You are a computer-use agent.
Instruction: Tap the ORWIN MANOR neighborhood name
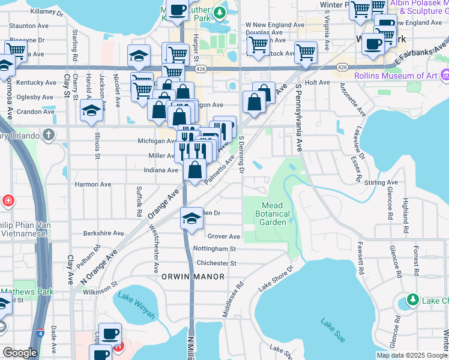tap(193, 277)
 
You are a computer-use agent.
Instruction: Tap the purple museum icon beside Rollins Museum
tap(444, 76)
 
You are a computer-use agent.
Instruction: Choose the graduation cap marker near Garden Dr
tap(191, 218)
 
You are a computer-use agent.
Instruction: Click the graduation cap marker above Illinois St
tap(91, 110)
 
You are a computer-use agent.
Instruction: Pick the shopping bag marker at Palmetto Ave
tap(194, 170)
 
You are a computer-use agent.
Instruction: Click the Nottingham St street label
tap(215, 248)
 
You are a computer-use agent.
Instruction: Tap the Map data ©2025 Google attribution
tap(411, 355)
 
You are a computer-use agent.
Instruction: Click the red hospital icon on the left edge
tap(7, 199)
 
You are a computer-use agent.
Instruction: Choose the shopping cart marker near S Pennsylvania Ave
tap(306, 52)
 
